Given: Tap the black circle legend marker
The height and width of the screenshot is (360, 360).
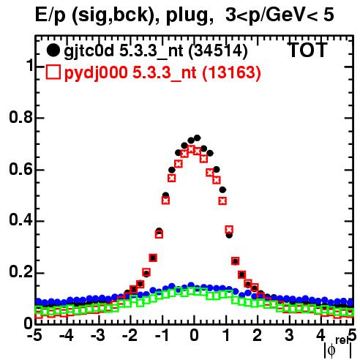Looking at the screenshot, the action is click(53, 50).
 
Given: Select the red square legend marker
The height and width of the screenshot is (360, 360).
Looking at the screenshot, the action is click(53, 72).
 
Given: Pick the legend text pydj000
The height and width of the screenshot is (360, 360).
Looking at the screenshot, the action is click(96, 73).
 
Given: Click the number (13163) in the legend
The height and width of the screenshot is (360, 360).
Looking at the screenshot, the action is click(231, 73).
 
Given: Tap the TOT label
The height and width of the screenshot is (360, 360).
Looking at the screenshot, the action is click(307, 50).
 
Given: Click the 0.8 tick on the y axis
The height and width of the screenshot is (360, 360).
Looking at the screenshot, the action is click(20, 118).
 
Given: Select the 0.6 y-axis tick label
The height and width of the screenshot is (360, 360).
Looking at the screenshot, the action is click(20, 170).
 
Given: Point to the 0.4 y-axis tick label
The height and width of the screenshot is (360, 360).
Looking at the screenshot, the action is click(20, 221).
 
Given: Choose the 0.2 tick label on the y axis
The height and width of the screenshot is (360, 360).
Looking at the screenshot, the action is click(20, 272).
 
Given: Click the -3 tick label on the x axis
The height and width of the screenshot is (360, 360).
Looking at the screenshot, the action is click(97, 335).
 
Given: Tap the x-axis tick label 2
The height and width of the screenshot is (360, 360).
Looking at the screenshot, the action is click(258, 335).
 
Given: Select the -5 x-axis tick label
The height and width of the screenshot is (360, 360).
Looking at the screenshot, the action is click(34, 335).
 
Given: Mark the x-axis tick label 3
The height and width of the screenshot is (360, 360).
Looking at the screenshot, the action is click(289, 335).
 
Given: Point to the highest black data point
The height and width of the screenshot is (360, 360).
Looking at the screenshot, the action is click(197, 138).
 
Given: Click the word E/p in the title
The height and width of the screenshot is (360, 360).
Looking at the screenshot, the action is click(50, 15).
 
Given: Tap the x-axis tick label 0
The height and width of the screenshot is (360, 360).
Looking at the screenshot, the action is click(194, 335).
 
